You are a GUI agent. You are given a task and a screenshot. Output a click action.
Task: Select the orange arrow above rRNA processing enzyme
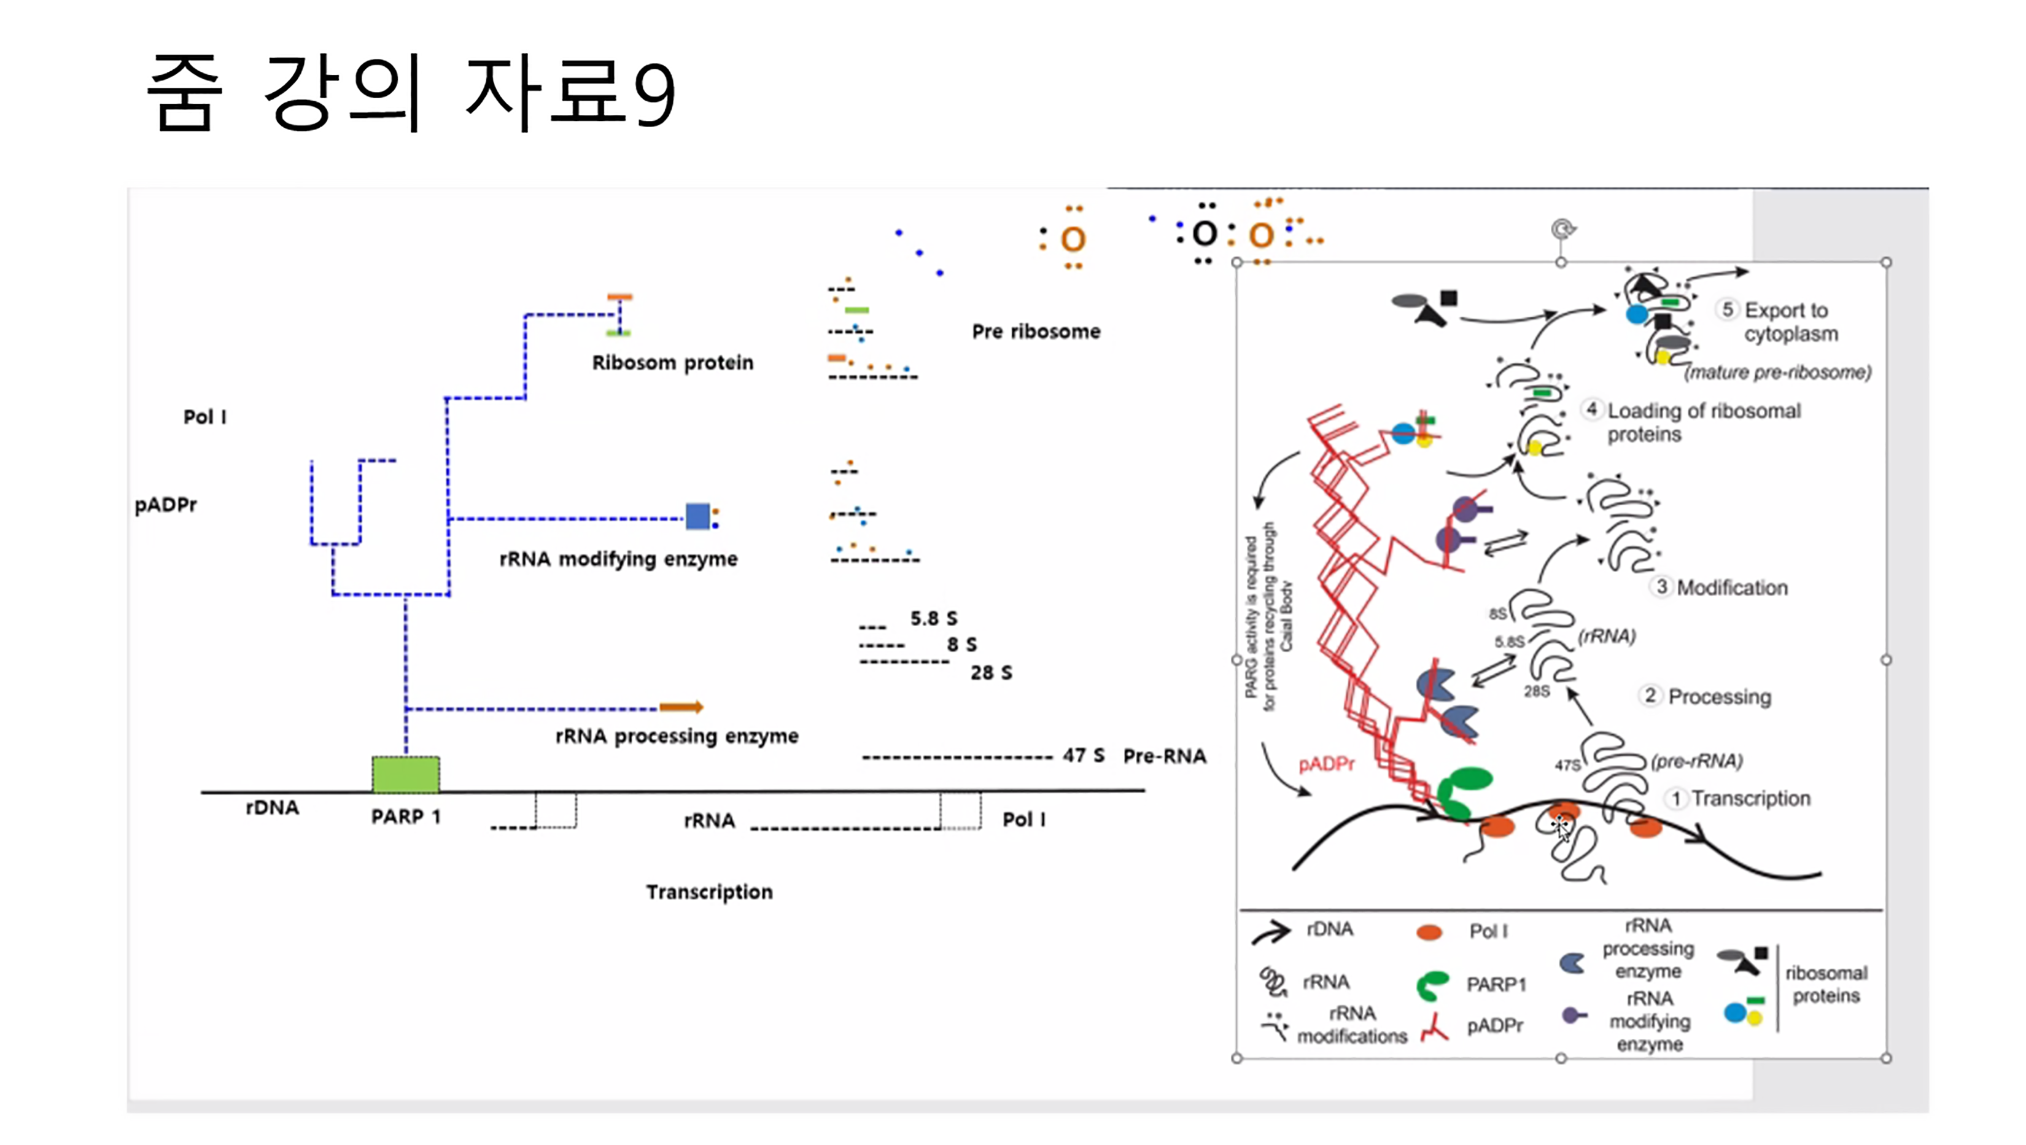tap(681, 707)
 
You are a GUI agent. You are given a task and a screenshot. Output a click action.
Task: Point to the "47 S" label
tap(1083, 755)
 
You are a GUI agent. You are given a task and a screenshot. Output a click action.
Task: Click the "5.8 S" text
tap(934, 618)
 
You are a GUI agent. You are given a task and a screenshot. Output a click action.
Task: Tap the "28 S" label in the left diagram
tap(991, 672)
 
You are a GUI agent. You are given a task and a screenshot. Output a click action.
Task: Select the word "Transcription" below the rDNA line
tap(710, 892)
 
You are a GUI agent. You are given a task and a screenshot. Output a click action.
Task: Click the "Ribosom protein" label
tap(672, 362)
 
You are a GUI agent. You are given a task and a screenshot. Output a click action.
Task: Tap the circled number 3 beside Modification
tap(1661, 587)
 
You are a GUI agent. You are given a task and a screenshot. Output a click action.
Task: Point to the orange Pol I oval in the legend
tap(1429, 932)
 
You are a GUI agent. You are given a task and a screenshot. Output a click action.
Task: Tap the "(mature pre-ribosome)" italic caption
tap(1777, 372)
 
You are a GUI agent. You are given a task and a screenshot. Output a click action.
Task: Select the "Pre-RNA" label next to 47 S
tap(1164, 756)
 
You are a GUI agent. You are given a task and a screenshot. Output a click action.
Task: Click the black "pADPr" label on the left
tap(166, 504)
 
